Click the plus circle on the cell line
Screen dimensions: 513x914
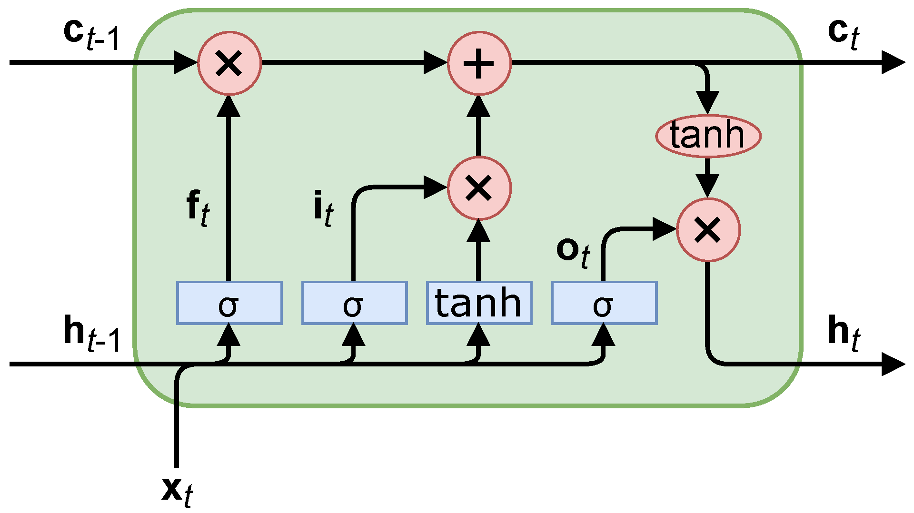479,63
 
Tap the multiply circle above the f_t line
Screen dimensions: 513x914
229,63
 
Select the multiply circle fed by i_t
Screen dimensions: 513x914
479,188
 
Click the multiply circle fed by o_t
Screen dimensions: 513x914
708,230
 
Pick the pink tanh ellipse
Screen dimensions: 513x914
708,136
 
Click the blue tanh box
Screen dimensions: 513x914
479,303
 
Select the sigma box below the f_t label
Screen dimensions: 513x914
229,303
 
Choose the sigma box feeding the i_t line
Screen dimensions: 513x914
354,303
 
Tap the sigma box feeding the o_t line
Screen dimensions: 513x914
604,303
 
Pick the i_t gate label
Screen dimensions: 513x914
323,208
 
